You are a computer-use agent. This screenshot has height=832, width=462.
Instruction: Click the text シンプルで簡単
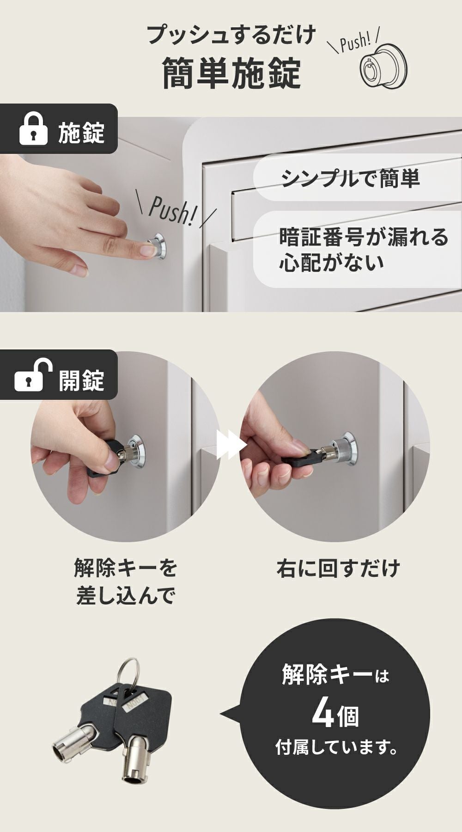(x=351, y=178)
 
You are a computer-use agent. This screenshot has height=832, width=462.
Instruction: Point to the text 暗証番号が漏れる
(x=364, y=237)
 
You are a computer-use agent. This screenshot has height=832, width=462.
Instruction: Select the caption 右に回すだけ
(x=338, y=568)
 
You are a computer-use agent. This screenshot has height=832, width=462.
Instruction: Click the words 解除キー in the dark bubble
(x=327, y=675)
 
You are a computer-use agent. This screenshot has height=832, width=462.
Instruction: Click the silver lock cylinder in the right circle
(x=344, y=448)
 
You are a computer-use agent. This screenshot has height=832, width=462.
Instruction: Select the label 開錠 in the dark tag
(x=81, y=380)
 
